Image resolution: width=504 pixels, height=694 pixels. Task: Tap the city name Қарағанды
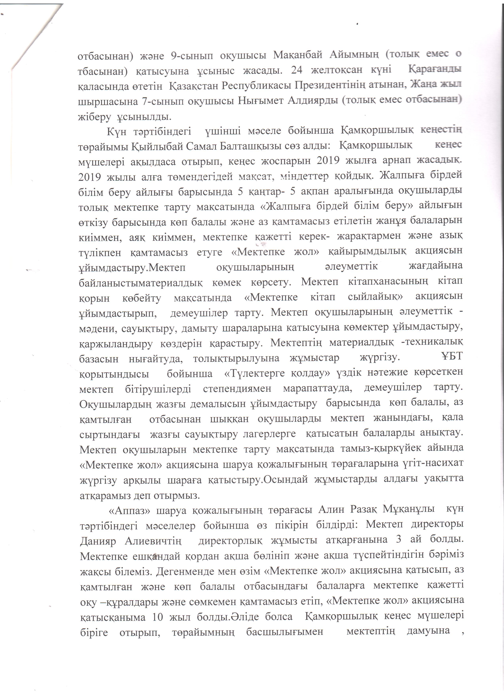pos(435,69)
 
